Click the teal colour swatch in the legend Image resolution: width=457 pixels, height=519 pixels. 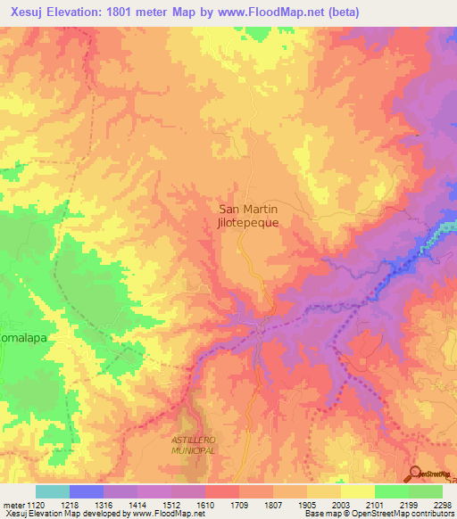coord(53,491)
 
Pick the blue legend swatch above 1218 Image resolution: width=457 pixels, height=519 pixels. coord(87,491)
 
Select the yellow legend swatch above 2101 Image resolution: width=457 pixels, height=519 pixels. coord(357,491)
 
